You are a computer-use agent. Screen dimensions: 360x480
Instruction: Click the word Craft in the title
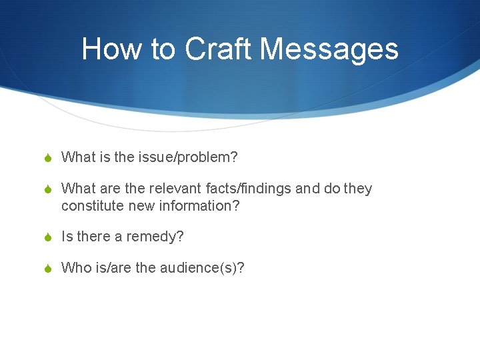pos(218,49)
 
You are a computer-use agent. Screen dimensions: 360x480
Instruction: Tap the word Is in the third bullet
pos(67,237)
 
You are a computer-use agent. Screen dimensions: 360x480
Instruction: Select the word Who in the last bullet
pos(75,268)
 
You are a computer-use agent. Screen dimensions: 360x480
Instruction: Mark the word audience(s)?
pos(202,268)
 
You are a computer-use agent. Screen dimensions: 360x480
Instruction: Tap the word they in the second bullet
pos(358,189)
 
